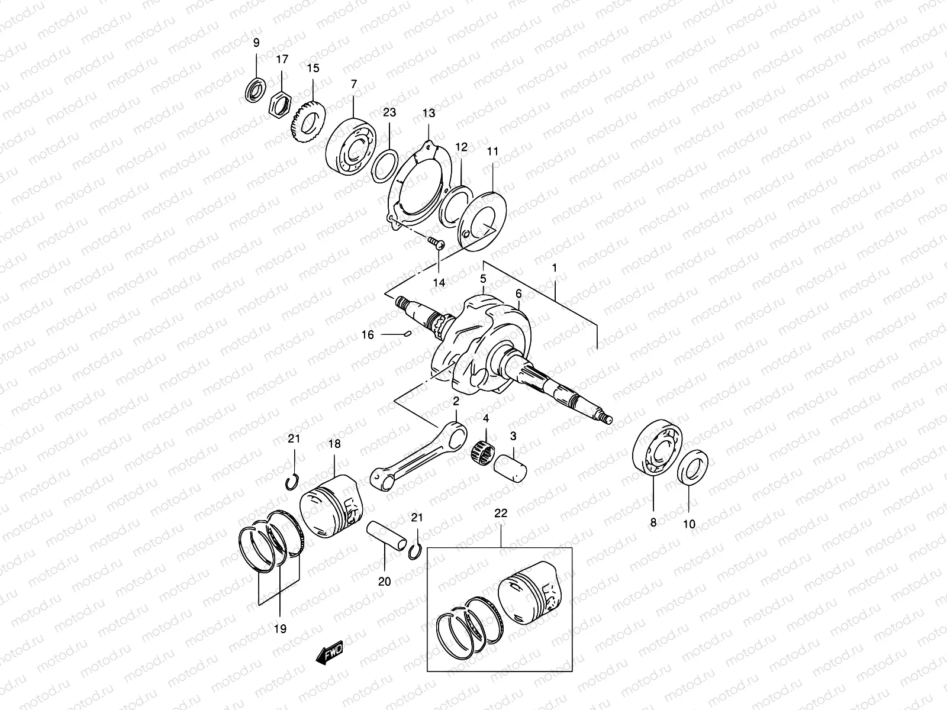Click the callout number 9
[256, 43]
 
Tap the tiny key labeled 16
[406, 335]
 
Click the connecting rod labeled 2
[414, 456]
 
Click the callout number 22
[501, 514]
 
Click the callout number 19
[280, 629]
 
